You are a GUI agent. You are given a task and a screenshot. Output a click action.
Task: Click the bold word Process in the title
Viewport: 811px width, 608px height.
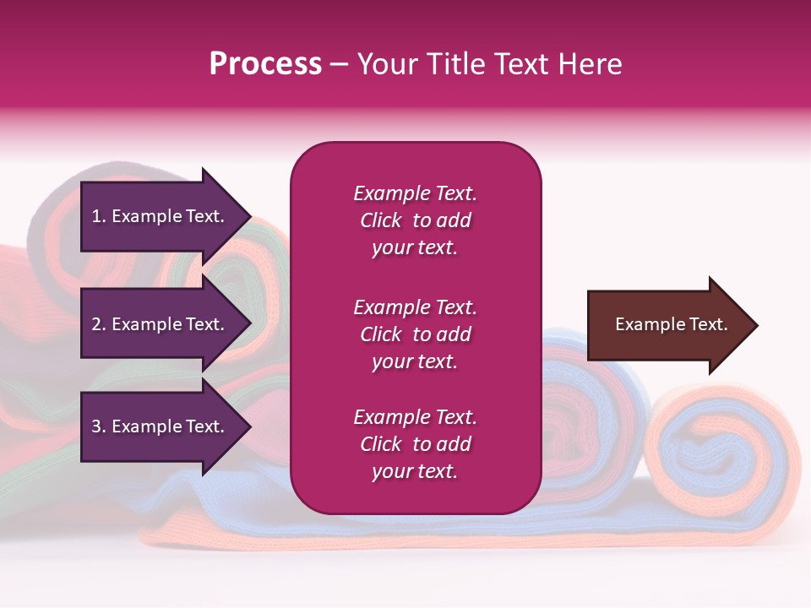[x=265, y=64]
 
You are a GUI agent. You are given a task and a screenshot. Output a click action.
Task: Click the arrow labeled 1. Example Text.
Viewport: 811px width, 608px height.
[x=161, y=216]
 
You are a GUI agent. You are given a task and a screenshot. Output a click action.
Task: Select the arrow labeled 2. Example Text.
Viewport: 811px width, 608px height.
[x=161, y=324]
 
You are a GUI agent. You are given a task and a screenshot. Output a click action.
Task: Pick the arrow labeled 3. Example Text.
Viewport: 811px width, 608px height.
[x=161, y=426]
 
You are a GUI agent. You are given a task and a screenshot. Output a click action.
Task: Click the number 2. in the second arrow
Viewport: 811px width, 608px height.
[x=99, y=324]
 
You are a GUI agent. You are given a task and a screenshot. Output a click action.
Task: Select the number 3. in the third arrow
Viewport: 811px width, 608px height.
[x=99, y=426]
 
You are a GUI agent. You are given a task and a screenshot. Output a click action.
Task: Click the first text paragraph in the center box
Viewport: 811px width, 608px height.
[x=415, y=220]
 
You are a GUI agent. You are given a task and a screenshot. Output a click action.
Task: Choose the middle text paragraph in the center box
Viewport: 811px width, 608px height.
[x=415, y=334]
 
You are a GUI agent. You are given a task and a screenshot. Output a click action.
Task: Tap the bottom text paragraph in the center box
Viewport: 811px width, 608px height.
[x=415, y=444]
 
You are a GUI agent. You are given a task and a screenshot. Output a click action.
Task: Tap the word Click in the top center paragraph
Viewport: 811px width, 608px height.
[x=381, y=220]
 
